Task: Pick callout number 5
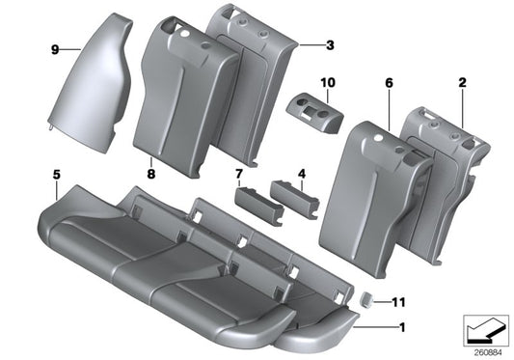(56, 176)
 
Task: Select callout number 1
(402, 327)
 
